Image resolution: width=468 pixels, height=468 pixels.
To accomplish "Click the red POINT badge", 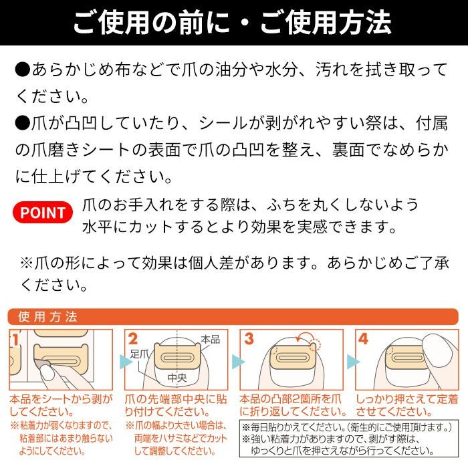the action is [43, 213].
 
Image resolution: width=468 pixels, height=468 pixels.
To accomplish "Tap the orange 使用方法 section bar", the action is [233, 317].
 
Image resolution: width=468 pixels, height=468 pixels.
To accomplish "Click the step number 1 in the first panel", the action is [15, 340].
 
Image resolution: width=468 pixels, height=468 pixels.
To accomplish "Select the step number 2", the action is [133, 339].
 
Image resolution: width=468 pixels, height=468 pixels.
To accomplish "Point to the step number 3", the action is [249, 339].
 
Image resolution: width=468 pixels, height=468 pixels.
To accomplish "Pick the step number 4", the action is [363, 339].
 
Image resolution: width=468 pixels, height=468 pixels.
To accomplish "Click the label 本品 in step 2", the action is [211, 340].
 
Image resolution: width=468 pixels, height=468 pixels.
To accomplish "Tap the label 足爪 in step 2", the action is [139, 354].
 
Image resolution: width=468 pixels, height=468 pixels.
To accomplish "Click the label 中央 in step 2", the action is [177, 378].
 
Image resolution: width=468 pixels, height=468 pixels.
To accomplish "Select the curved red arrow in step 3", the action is [304, 334].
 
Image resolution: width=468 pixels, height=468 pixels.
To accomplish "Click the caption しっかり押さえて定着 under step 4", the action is [406, 399].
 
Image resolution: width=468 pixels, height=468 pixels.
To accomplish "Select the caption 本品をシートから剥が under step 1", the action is [61, 399].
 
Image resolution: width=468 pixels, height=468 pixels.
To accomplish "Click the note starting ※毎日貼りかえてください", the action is [347, 427].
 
